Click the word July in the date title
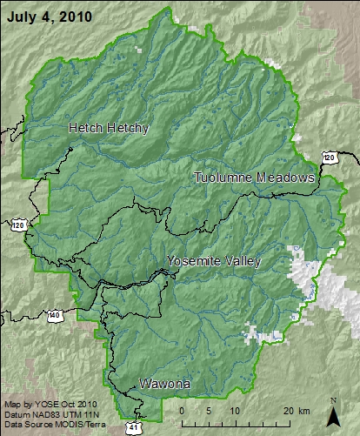click(20, 17)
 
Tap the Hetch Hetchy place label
click(109, 128)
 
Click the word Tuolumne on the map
click(225, 178)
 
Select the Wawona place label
click(164, 383)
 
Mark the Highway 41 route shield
click(131, 427)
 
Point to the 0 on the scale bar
click(181, 410)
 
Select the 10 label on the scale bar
click(235, 410)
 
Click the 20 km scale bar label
click(294, 410)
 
